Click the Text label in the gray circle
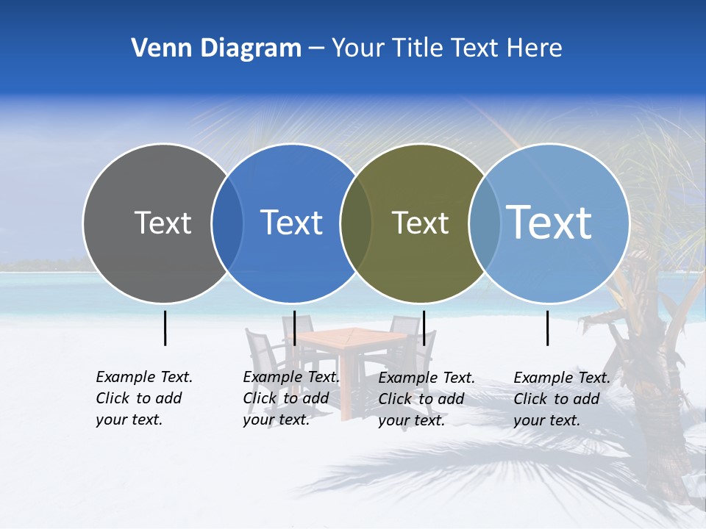click(163, 223)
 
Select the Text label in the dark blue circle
click(291, 223)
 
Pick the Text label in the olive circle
click(420, 223)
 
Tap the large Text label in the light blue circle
click(549, 222)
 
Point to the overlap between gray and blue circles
click(227, 223)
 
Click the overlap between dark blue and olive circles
click(356, 223)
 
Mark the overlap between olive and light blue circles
click(484, 223)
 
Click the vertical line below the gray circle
click(165, 328)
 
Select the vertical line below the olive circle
click(424, 328)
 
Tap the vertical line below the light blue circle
click(548, 328)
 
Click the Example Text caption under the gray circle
click(143, 398)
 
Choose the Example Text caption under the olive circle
click(426, 399)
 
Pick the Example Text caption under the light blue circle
click(561, 399)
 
